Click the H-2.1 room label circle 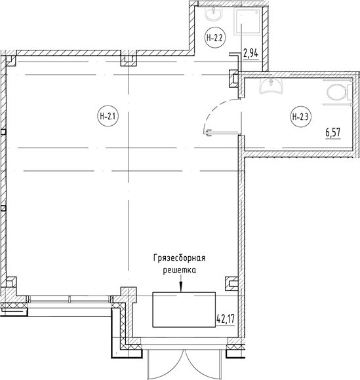pos(108,117)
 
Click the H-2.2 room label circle pos(214,38)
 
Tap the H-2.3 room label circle pos(301,117)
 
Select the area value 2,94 pos(251,54)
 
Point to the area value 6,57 pos(333,133)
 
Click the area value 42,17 pos(226,319)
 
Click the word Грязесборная pos(180,258)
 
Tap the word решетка pos(180,270)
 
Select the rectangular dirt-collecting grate pos(184,310)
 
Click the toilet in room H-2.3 pos(339,92)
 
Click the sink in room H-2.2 pos(214,14)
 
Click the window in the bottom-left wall pos(70,299)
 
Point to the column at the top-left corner pos(10,61)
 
